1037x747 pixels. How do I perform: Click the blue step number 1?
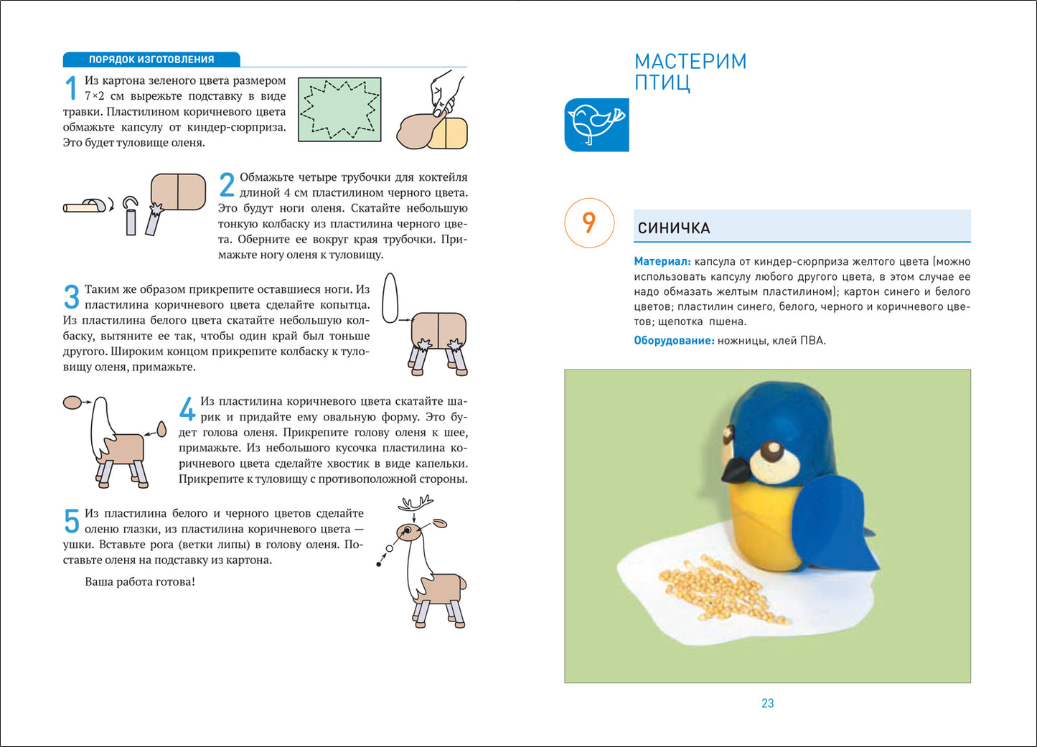click(x=71, y=88)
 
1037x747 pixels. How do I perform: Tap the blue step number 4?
click(x=187, y=409)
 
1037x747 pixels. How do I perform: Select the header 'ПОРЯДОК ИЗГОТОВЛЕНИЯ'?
click(x=151, y=60)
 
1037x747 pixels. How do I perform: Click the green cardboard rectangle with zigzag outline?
click(x=339, y=110)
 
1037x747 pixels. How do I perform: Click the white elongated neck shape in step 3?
click(x=390, y=298)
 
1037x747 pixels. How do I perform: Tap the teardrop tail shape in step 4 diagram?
click(x=162, y=429)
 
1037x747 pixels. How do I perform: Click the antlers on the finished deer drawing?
click(x=416, y=504)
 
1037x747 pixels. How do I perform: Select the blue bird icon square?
click(x=596, y=125)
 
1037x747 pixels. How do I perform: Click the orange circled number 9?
click(x=588, y=222)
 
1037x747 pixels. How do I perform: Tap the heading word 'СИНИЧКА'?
click(x=674, y=228)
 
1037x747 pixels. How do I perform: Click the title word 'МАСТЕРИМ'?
click(x=690, y=62)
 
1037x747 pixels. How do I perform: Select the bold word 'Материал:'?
click(x=662, y=262)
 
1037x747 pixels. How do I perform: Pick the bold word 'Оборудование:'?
click(x=674, y=341)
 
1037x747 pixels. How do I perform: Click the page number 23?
click(x=767, y=703)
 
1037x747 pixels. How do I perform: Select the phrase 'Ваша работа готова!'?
click(x=140, y=582)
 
